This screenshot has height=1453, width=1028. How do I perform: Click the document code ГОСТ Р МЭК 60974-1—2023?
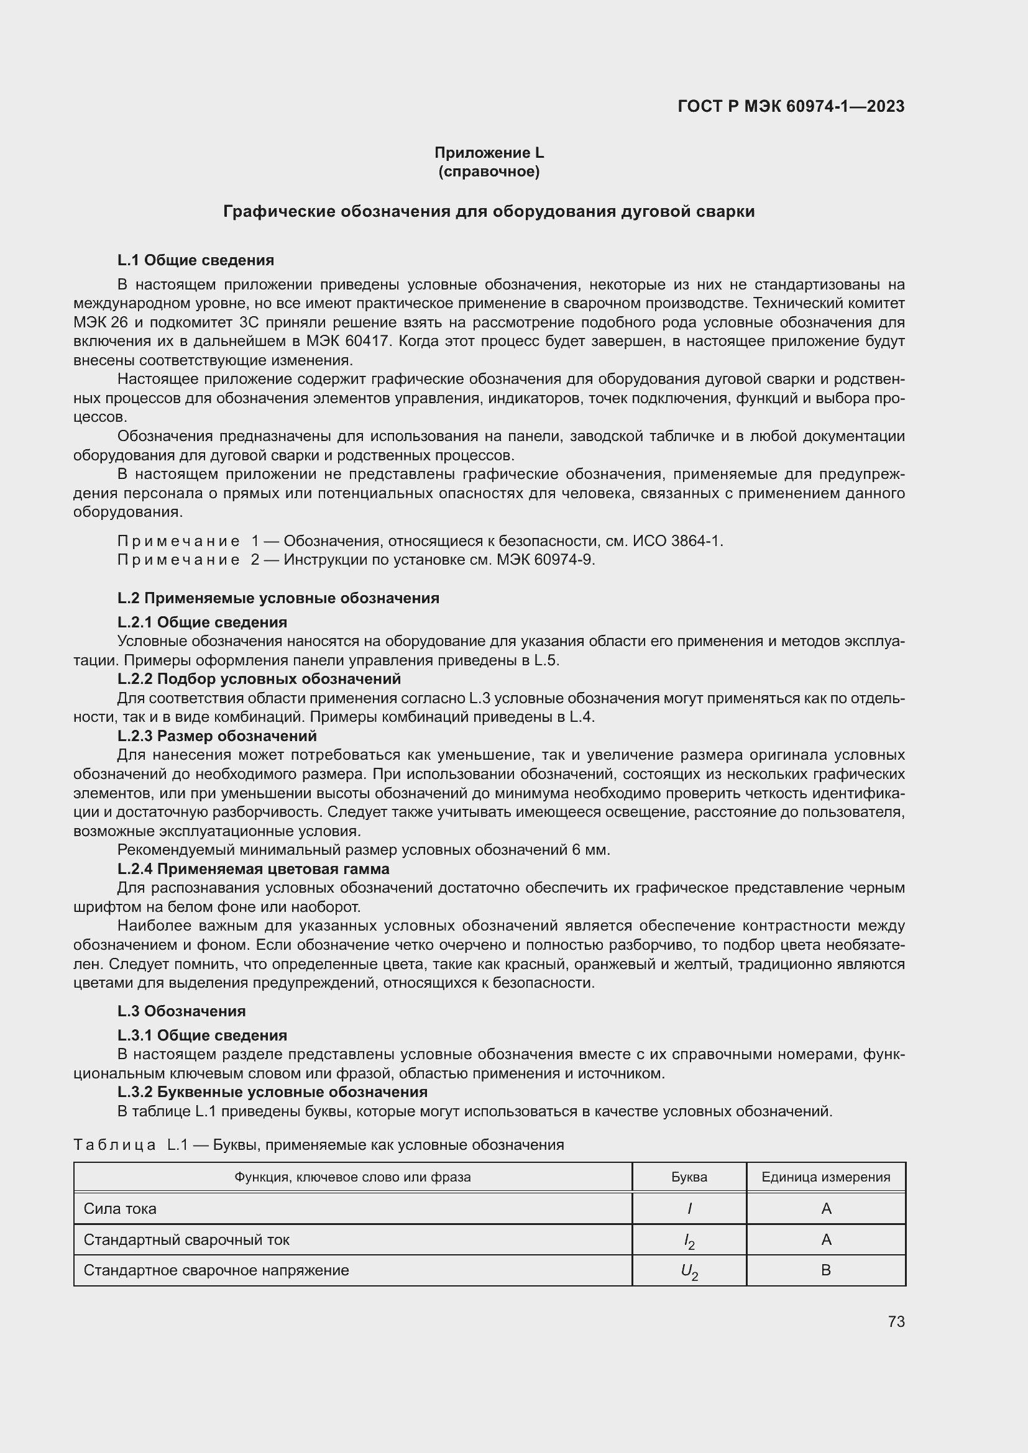(791, 106)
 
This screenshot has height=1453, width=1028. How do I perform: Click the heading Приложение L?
(489, 153)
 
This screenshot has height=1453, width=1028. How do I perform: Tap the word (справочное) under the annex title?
(489, 171)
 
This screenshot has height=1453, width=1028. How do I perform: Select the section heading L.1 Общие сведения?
(196, 260)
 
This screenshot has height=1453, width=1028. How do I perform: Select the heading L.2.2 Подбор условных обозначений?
(259, 679)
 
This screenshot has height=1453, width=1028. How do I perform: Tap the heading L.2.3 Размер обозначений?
(216, 736)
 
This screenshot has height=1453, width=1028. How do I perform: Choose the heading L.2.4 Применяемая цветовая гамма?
(253, 869)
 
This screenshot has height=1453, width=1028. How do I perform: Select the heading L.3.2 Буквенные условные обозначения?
(272, 1091)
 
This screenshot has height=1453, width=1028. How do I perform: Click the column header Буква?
(689, 1177)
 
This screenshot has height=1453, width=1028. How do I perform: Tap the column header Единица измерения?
(825, 1177)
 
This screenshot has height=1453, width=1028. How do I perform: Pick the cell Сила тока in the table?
(121, 1209)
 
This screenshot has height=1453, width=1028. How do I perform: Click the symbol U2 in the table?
(689, 1272)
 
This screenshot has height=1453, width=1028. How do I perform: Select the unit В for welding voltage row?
(825, 1270)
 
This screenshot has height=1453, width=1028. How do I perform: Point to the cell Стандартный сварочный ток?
(186, 1240)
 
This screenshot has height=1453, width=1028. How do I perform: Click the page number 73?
(896, 1322)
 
